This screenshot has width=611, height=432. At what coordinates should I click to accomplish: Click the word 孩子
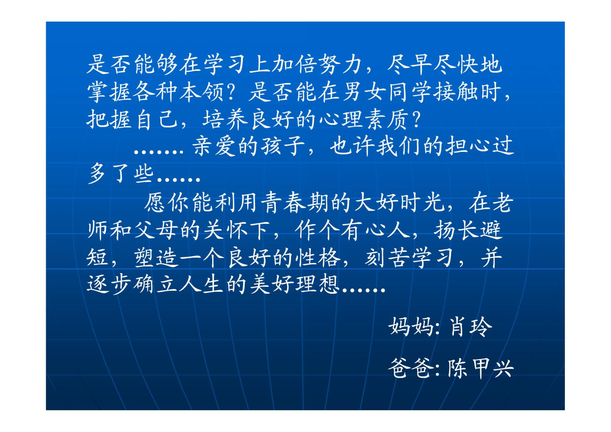click(x=283, y=146)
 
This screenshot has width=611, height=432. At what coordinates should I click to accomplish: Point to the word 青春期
click(x=295, y=202)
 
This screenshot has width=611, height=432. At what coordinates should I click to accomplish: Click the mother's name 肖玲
click(x=470, y=327)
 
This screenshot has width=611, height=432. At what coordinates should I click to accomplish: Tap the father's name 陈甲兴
click(x=481, y=368)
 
